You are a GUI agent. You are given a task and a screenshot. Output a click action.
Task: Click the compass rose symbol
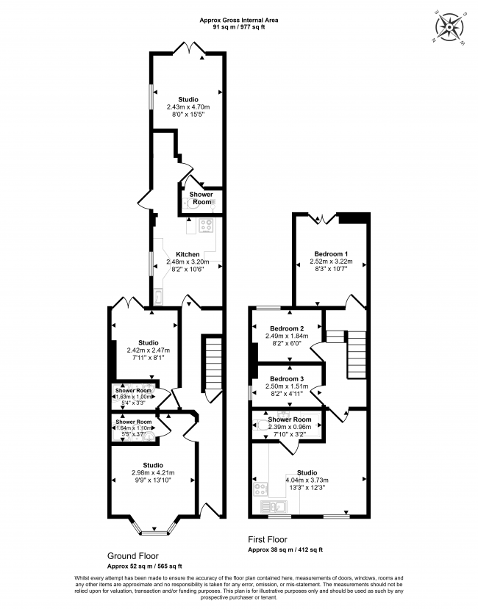click(x=450, y=27)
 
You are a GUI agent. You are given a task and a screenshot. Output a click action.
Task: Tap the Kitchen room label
click(x=188, y=254)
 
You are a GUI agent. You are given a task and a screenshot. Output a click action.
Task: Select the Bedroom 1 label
click(x=331, y=254)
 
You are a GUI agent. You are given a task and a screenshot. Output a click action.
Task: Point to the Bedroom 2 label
click(x=287, y=328)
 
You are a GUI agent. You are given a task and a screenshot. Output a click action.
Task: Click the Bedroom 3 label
click(x=287, y=379)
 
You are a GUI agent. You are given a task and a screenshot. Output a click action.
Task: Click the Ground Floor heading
click(x=132, y=556)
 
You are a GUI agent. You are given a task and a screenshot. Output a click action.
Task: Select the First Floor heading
click(x=268, y=539)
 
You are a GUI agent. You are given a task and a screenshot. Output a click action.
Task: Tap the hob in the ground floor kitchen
click(x=207, y=226)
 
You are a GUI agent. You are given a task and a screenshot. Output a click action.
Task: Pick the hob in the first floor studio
click(x=260, y=489)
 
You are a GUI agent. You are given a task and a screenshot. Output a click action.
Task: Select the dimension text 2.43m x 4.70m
click(x=188, y=107)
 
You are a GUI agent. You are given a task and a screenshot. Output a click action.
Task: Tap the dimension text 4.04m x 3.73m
click(x=307, y=480)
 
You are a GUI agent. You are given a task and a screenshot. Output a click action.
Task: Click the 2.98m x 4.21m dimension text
click(x=153, y=472)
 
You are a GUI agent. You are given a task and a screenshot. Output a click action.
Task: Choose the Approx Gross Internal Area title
click(x=239, y=20)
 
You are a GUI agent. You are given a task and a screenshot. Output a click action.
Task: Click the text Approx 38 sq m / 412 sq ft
click(x=285, y=550)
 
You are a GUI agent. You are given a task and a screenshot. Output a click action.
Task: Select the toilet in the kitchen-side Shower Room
click(x=190, y=203)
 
